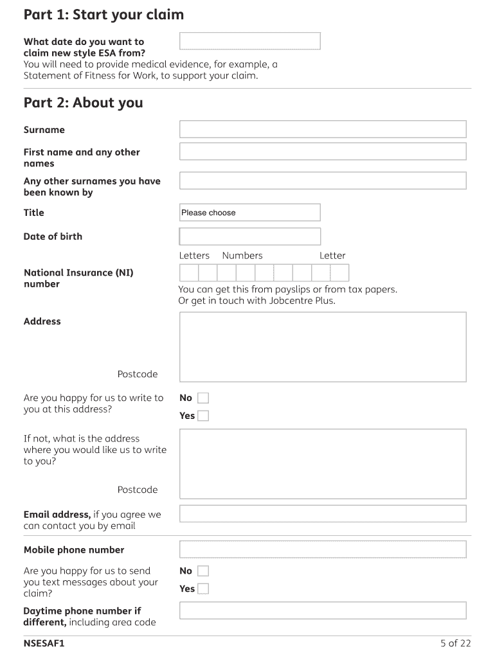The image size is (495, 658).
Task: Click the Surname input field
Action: (322, 129)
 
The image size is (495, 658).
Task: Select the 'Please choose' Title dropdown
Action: (249, 213)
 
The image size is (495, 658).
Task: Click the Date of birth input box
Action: (249, 236)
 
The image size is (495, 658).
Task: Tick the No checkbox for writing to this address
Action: (203, 398)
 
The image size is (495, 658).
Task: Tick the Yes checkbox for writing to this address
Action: (203, 416)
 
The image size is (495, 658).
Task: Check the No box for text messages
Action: (203, 571)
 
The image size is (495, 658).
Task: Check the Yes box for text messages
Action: (203, 589)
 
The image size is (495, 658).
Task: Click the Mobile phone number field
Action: (322, 549)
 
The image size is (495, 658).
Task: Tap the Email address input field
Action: (322, 514)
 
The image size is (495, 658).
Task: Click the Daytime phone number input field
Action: (322, 610)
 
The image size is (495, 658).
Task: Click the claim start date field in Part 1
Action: (249, 41)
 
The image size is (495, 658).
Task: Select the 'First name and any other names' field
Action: (322, 152)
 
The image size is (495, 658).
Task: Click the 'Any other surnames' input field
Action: (322, 181)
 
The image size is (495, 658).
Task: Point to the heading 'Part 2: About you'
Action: (84, 103)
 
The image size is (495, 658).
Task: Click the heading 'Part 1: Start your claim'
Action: (104, 14)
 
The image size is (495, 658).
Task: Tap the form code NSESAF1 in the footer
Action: (44, 643)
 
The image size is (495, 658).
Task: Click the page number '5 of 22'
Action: (456, 643)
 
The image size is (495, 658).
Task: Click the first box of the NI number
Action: (188, 273)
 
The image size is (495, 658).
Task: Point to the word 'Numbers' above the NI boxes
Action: (242, 256)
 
